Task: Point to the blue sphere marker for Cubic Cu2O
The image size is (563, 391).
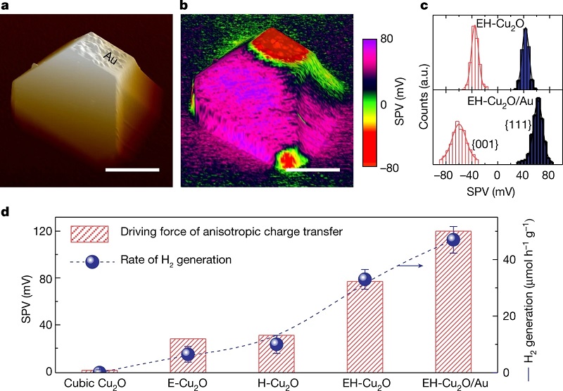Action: pos(99,371)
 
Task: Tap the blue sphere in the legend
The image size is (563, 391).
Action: pos(94,261)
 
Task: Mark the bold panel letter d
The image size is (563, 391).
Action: pos(6,210)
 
